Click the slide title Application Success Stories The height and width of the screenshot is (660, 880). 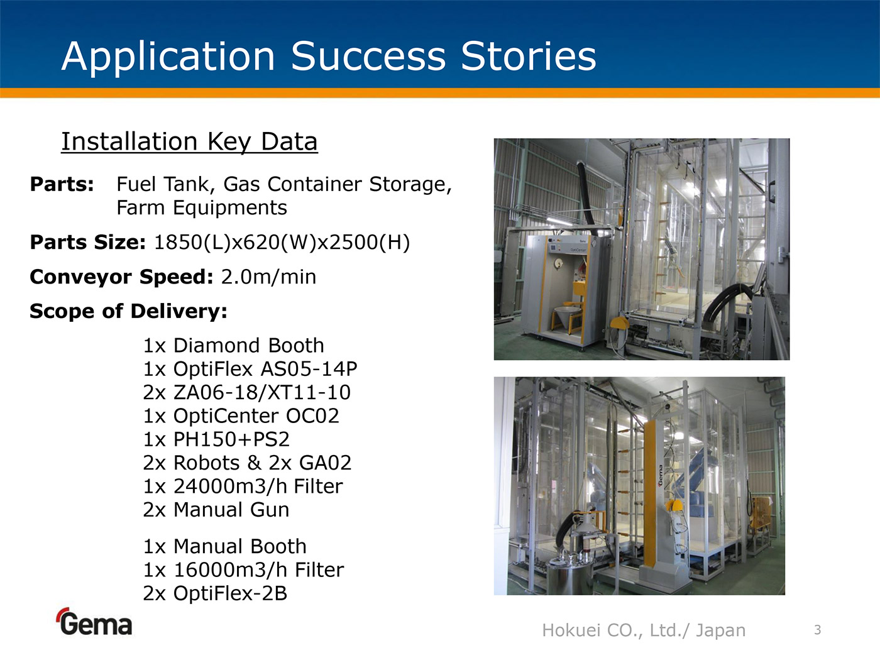click(329, 57)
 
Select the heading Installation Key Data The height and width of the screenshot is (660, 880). click(189, 141)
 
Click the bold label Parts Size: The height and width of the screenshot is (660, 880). click(88, 242)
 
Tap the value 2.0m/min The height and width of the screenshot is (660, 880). click(268, 277)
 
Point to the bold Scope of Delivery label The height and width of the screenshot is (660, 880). click(129, 311)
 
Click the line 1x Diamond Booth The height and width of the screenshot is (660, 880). click(234, 346)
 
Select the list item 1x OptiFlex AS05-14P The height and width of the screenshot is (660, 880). click(250, 369)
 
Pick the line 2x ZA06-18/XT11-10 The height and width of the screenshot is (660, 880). click(247, 392)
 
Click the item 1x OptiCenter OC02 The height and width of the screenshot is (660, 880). click(241, 415)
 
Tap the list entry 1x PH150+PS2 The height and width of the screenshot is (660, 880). click(216, 439)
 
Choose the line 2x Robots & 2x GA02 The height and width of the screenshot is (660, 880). click(248, 463)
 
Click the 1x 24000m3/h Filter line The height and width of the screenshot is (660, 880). click(243, 486)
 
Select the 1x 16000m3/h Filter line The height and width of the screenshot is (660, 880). click(244, 569)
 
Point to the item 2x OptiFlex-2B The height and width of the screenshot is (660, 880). click(216, 593)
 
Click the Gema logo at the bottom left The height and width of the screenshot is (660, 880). click(94, 622)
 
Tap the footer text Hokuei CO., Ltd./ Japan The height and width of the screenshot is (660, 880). click(644, 630)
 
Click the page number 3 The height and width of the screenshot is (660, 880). click(818, 630)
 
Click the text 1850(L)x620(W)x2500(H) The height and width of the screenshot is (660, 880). click(282, 243)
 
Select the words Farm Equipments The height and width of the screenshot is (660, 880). click(202, 207)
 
